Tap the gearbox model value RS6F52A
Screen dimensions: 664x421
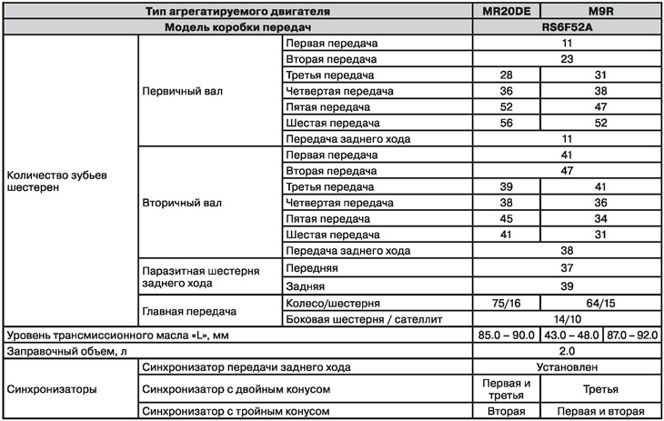[566, 27]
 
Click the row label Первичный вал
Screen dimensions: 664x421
[183, 91]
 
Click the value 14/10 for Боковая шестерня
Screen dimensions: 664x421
[566, 317]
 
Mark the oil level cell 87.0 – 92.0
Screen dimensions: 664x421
[629, 334]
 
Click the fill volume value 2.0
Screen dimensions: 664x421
[566, 350]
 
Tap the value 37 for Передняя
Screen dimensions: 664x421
[566, 268]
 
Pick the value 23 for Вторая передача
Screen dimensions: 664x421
[566, 57]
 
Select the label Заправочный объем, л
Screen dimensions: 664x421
[65, 350]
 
